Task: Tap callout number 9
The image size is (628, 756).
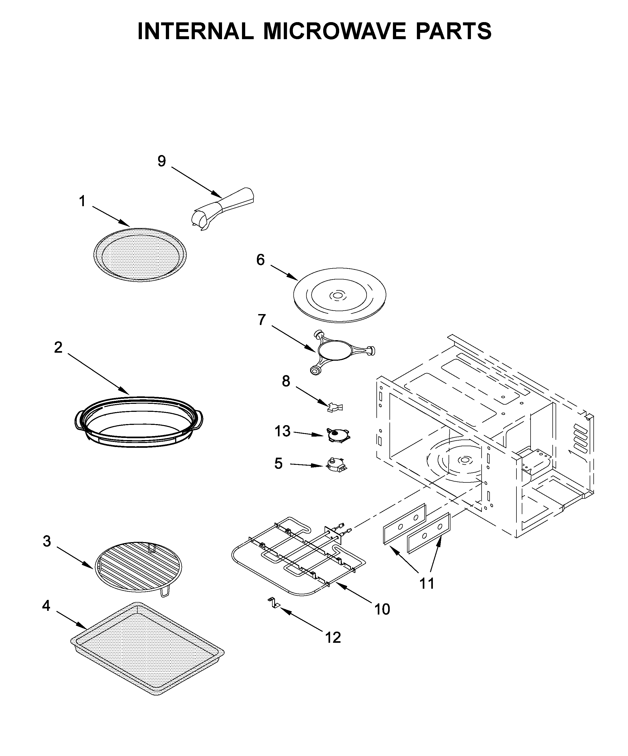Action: [162, 161]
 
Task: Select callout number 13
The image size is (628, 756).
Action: [282, 431]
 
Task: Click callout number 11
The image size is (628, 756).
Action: [427, 583]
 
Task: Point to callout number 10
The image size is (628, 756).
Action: [382, 609]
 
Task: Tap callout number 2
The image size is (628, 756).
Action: [58, 347]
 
